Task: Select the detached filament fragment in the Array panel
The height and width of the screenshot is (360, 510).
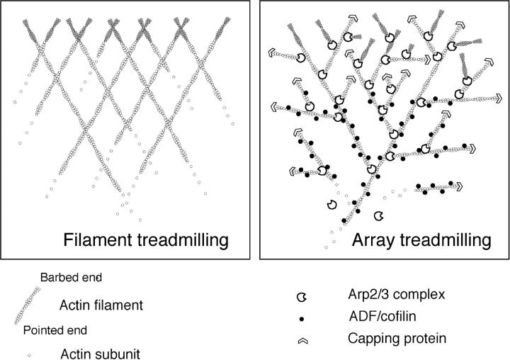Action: click(439, 188)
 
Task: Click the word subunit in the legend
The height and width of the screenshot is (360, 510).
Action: click(123, 349)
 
